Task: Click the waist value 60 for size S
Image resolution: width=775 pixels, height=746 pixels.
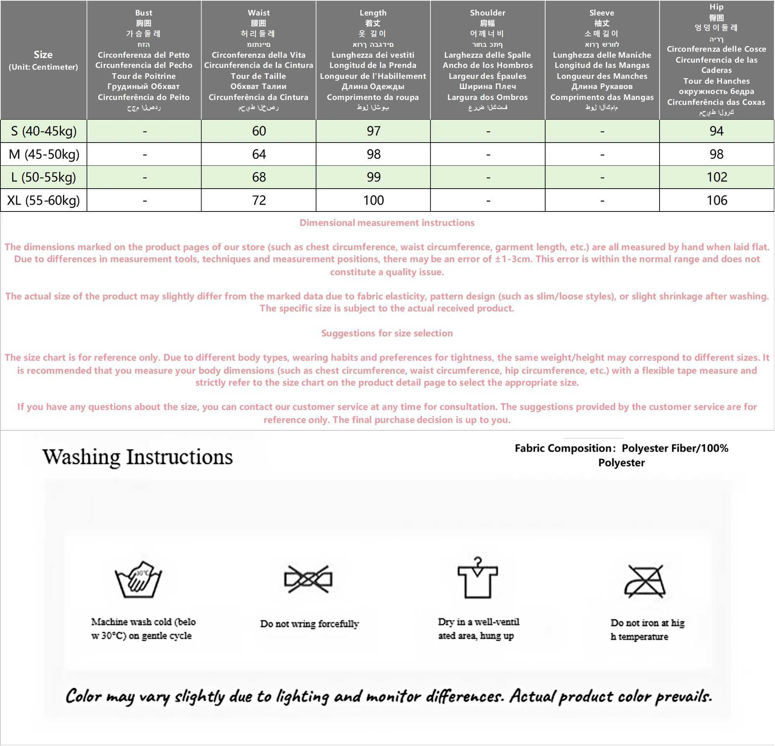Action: [x=259, y=131]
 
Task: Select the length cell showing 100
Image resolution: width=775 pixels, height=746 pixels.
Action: [x=373, y=200]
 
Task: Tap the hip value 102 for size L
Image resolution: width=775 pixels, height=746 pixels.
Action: [x=716, y=177]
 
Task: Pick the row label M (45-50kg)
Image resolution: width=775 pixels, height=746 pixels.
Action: [x=44, y=154]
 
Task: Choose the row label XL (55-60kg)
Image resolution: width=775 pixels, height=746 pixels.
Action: [x=43, y=200]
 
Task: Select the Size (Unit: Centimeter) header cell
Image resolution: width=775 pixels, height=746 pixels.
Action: [x=43, y=60]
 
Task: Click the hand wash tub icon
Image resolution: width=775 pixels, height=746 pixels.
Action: [x=138, y=579]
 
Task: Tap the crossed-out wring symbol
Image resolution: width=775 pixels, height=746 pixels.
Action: [x=308, y=579]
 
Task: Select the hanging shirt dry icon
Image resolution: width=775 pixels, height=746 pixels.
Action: [x=478, y=578]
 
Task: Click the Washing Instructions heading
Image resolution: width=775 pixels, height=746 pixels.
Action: [x=138, y=457]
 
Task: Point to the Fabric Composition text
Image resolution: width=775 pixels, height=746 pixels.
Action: [x=621, y=455]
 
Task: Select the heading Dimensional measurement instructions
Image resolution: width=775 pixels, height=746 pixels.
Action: [x=387, y=223]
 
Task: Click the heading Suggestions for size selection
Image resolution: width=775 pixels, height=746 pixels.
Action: [x=387, y=333]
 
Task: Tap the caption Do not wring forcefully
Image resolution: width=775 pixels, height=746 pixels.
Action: [x=309, y=624]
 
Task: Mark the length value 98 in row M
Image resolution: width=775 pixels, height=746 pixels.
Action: [x=373, y=154]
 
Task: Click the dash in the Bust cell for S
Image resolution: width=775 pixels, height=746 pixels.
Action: [x=145, y=131]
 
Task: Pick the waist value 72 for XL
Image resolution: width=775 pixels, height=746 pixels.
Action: [x=259, y=200]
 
